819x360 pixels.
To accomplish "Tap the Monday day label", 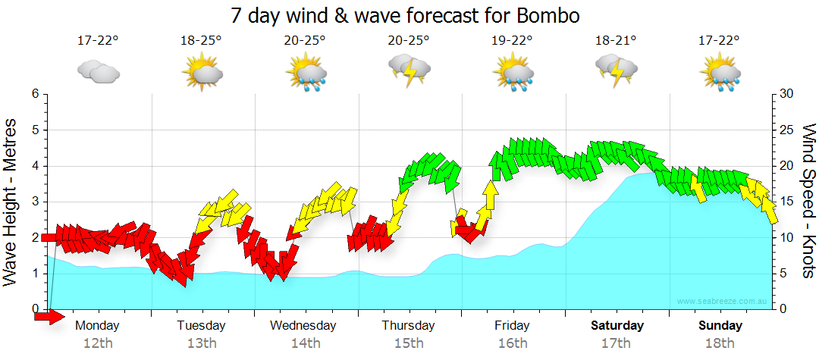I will tap(98, 325).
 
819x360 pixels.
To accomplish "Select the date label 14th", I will tap(305, 343).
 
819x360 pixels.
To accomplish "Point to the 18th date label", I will tap(720, 343).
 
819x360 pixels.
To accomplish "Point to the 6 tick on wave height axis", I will tap(35, 94).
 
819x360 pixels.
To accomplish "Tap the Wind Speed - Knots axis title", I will tap(808, 201).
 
